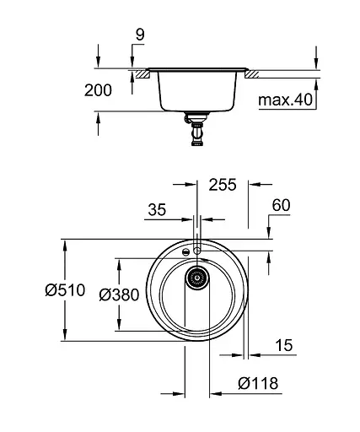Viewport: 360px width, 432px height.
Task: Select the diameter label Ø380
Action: (x=117, y=294)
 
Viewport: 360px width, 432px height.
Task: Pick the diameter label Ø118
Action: (x=257, y=383)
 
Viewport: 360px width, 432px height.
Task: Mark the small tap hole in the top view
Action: (x=197, y=251)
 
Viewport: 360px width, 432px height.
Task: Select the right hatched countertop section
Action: (x=252, y=73)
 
